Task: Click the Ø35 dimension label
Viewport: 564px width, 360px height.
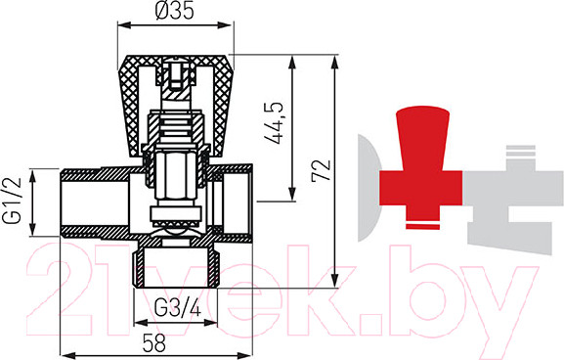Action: tap(175, 10)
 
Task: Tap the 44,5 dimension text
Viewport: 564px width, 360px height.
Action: tap(274, 123)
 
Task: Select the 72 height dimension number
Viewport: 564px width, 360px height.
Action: tap(321, 170)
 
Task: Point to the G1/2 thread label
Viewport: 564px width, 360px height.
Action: tap(13, 201)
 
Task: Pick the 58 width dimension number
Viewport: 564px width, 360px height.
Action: tap(153, 343)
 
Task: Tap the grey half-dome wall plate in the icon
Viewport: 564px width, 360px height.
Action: tap(369, 188)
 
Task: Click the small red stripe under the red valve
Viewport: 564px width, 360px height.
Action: tap(422, 226)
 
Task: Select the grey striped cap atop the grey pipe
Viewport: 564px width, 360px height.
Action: tap(520, 151)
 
